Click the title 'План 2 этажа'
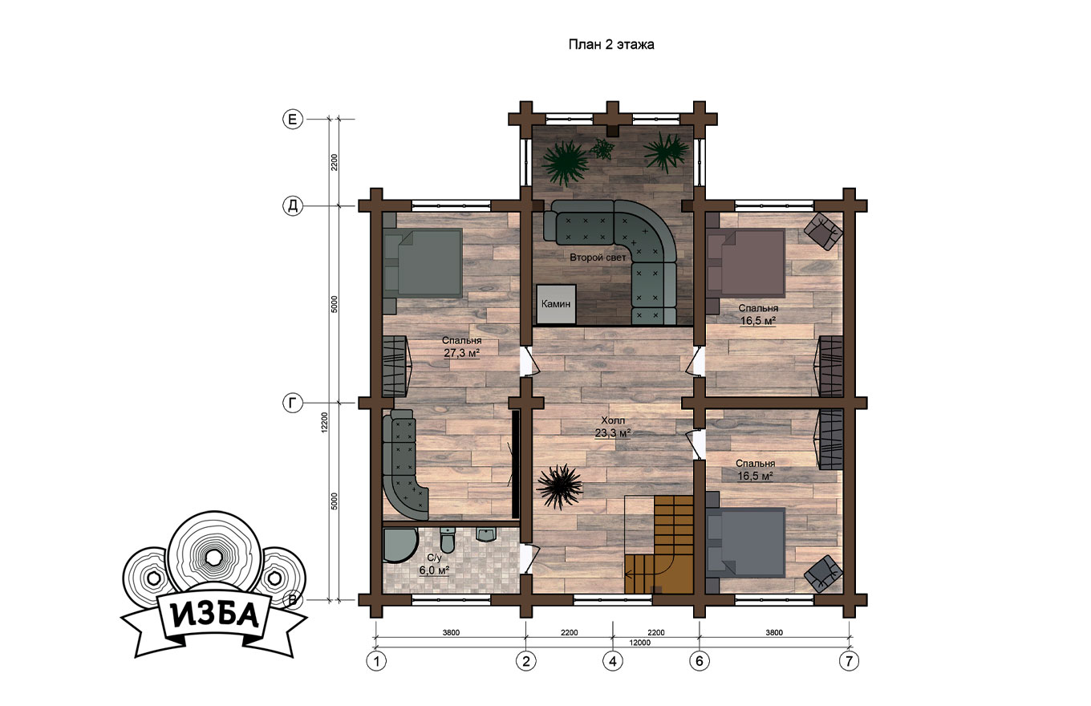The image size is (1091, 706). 611,45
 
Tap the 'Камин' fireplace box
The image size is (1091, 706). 557,304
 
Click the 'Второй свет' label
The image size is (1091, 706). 598,258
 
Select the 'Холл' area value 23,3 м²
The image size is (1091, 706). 613,432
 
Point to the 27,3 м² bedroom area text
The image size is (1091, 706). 462,353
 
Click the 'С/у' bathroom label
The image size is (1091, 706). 434,558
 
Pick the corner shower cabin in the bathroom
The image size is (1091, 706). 399,545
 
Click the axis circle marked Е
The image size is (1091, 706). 293,119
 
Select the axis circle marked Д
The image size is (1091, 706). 293,206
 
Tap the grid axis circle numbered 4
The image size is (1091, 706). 613,661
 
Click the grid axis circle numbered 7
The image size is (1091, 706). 849,661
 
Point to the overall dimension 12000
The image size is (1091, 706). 639,643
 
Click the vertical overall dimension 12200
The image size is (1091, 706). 324,422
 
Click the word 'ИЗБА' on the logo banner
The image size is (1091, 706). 215,616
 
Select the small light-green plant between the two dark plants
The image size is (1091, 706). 602,148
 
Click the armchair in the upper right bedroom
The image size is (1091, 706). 823,231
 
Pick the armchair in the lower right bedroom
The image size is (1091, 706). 823,574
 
